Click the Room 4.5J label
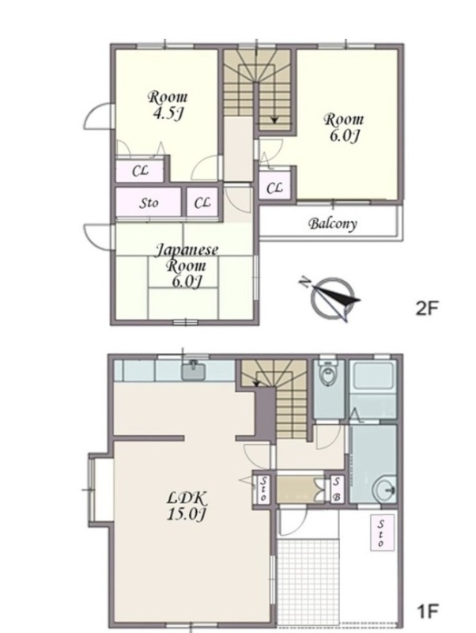coord(168,105)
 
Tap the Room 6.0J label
coord(344,127)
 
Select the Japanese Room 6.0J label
coord(187,266)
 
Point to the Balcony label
coord(333,224)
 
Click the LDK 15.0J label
coord(187,506)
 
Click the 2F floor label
coord(427,309)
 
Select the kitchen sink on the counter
coord(194,370)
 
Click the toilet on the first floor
coord(327,373)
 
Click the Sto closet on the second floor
coord(149,203)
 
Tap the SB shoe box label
coord(337,489)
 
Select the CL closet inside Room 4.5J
coord(140,171)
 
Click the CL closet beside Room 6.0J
coord(274,188)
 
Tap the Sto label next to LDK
coord(263,489)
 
